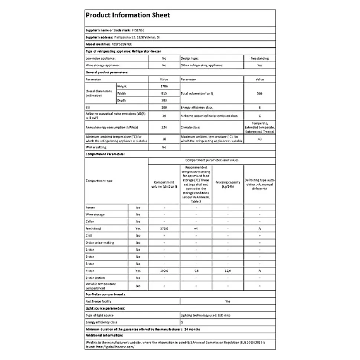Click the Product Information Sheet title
(x=128, y=16)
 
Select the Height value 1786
(x=164, y=86)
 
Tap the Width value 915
(x=164, y=93)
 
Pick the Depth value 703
(x=164, y=100)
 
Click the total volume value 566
(x=259, y=93)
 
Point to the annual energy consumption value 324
(x=164, y=127)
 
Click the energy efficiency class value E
(x=259, y=108)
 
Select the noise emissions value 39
(x=164, y=116)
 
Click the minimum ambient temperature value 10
(x=164, y=139)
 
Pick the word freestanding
(x=259, y=59)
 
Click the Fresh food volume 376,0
(x=164, y=229)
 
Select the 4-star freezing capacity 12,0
(x=228, y=271)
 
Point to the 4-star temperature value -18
(x=196, y=271)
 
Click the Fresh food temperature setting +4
(x=196, y=229)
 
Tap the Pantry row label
(x=90, y=208)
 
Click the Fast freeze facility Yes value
(x=228, y=301)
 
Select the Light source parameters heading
(x=105, y=308)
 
